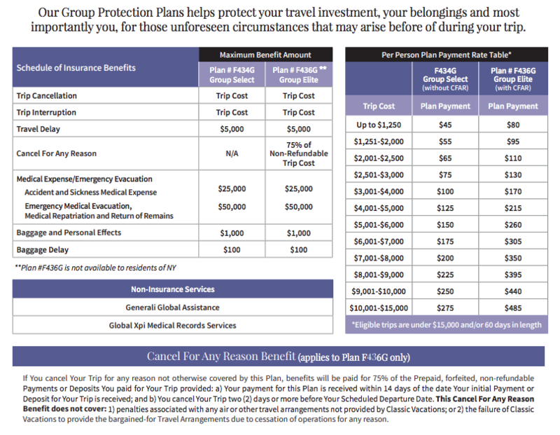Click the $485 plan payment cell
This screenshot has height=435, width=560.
(x=513, y=308)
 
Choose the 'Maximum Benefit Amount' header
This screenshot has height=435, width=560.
(x=265, y=55)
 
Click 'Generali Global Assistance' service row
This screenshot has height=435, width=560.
(x=172, y=308)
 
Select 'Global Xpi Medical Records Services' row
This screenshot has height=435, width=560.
(x=172, y=325)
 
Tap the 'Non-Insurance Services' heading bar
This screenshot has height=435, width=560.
(x=172, y=289)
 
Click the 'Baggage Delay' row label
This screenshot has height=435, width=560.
(x=43, y=249)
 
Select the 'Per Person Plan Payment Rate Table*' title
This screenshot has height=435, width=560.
(x=447, y=54)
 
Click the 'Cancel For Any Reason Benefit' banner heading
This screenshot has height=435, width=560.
(x=278, y=357)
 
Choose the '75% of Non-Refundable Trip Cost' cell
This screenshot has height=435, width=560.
(x=298, y=153)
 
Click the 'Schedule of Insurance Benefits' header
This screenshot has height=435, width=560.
(x=76, y=68)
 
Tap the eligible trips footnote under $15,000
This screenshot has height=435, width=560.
(x=447, y=324)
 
